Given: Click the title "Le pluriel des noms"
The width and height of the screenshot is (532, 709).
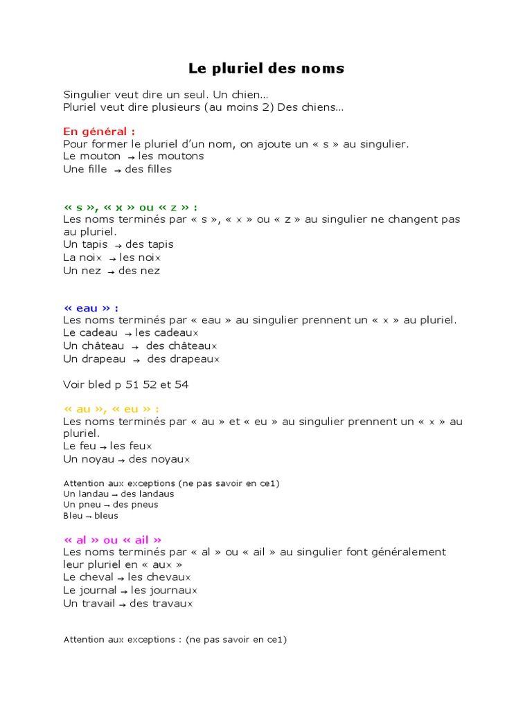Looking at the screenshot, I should click(266, 69).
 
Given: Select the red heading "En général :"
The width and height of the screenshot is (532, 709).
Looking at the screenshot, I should click(99, 132).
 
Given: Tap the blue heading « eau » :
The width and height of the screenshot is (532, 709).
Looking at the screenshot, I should click(91, 307).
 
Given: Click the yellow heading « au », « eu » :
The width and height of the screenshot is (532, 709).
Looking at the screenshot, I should click(116, 409).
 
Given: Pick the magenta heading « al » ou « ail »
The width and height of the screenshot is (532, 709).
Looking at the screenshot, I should click(113, 539).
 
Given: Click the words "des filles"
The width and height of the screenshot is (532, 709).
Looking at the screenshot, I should click(148, 169).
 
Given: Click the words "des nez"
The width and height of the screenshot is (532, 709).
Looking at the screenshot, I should click(139, 271).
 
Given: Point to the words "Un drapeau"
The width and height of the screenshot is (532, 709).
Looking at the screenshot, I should click(94, 359).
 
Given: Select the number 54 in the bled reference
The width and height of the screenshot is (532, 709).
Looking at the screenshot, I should click(182, 384).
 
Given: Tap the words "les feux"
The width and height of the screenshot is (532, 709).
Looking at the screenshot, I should click(131, 446).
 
